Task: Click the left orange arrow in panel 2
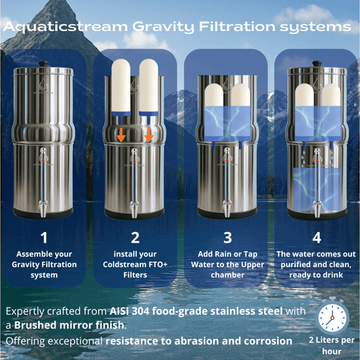(x=122, y=135)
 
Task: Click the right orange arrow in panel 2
(x=149, y=135)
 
